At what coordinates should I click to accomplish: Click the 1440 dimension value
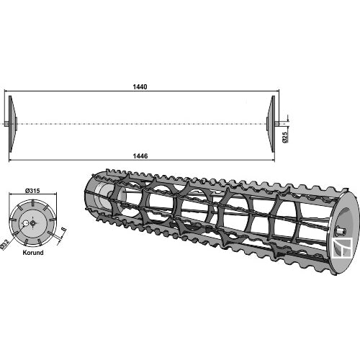140,87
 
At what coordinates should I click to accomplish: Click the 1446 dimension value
140,156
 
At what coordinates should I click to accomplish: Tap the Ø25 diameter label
285,138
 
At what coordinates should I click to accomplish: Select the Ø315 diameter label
32,191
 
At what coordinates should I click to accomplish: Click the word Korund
33,253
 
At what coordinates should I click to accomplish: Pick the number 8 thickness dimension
63,230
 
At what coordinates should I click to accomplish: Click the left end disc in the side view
12,124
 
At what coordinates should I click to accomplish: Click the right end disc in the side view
271,124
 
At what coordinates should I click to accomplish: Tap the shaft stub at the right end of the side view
277,124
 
